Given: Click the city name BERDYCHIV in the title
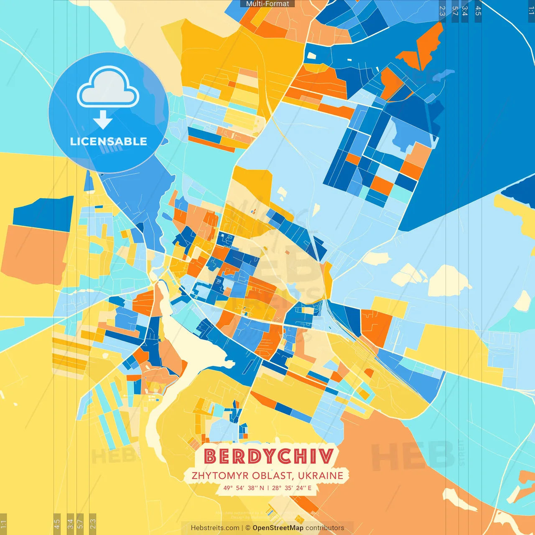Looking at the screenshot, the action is pyautogui.click(x=269, y=456).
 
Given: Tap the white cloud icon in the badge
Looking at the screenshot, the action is pyautogui.click(x=108, y=87).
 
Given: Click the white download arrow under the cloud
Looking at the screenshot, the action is pyautogui.click(x=103, y=120).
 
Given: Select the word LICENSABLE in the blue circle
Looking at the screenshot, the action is pyautogui.click(x=109, y=141).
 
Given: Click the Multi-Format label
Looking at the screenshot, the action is pyautogui.click(x=267, y=4).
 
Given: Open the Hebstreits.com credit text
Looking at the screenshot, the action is pyautogui.click(x=215, y=528).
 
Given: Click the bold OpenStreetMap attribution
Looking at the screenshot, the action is pyautogui.click(x=278, y=528).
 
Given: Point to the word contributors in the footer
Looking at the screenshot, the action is pyautogui.click(x=325, y=528).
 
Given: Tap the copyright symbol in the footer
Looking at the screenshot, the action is pyautogui.click(x=247, y=528).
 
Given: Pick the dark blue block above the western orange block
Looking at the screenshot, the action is pyautogui.click(x=44, y=213).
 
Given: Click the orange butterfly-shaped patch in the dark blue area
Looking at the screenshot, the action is pyautogui.click(x=422, y=48).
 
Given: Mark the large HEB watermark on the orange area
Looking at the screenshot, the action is pyautogui.click(x=412, y=456).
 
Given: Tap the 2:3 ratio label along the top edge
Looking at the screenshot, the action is pyautogui.click(x=442, y=11).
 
